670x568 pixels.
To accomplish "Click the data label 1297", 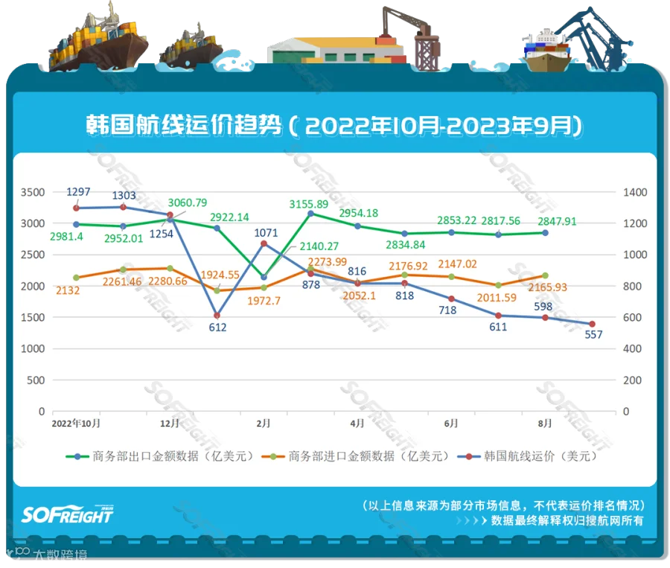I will (x=78, y=192).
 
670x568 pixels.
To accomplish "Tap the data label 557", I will (x=593, y=335).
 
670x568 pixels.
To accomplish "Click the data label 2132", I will (x=63, y=291).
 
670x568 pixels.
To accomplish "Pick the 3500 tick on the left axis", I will (x=33, y=192).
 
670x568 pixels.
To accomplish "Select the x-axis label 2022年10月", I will (x=76, y=423).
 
